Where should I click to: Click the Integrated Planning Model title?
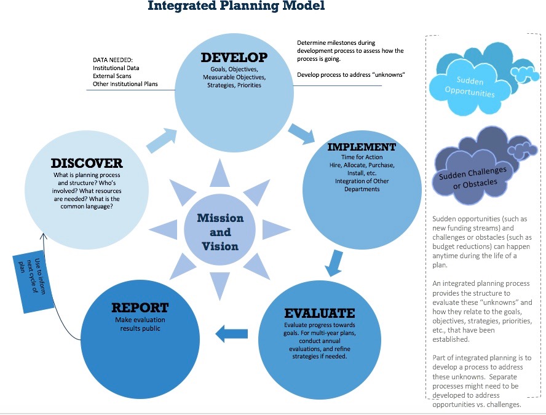236,7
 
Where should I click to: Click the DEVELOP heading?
234,58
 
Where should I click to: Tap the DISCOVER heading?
87,164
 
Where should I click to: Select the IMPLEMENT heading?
361,148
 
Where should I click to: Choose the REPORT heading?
140,307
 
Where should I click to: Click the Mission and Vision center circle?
220,232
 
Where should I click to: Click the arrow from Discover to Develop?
160,139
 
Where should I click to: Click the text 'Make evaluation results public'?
140,325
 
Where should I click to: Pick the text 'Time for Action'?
361,158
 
